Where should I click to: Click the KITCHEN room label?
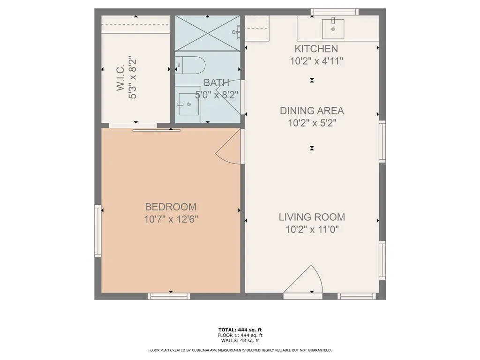point(316,49)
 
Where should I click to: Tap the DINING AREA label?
point(312,111)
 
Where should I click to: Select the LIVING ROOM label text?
point(312,217)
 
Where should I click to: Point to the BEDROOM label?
point(171,207)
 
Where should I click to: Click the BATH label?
point(217,82)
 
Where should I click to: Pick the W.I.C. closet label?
point(120,77)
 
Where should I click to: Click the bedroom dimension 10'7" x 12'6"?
point(171,219)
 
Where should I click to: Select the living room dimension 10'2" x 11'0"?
point(312,229)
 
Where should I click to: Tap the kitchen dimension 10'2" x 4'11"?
point(316,61)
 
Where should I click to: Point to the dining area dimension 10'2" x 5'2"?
point(312,123)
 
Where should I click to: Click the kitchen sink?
point(333,29)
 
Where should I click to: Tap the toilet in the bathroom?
point(191,65)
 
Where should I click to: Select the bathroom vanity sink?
point(187,105)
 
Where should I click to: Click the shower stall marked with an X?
point(208,33)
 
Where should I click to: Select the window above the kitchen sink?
point(335,12)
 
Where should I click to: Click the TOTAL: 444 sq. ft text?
point(240,330)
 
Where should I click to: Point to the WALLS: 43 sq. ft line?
point(240,340)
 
